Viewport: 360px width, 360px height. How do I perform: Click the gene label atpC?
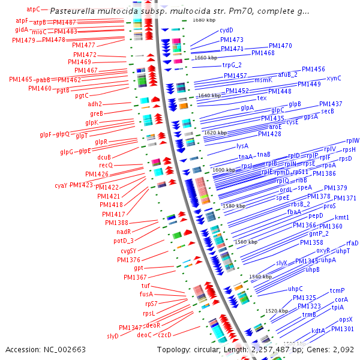(x=34, y=10)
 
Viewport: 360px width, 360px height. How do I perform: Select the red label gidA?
(x=22, y=29)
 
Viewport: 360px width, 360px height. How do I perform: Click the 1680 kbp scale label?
(x=203, y=20)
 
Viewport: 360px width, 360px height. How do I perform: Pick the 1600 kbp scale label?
(x=224, y=170)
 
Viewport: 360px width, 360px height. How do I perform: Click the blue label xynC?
(x=334, y=79)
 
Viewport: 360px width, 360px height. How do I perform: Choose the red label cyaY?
(x=61, y=185)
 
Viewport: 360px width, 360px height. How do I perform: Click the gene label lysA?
(x=242, y=146)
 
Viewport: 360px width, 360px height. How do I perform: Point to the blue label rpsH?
(x=349, y=149)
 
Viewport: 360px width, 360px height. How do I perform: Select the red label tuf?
(x=146, y=286)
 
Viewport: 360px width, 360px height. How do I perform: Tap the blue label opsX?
(x=346, y=319)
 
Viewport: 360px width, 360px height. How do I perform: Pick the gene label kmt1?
(x=342, y=217)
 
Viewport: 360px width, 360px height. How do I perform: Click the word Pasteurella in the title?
(x=73, y=11)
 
